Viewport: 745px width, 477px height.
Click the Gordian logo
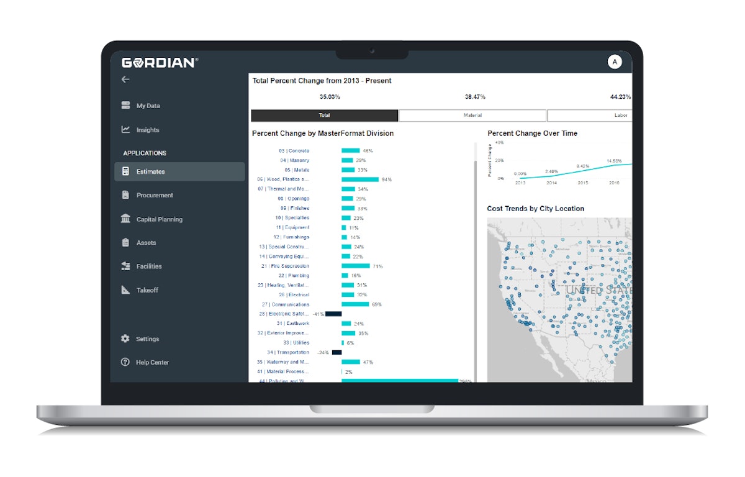coord(160,62)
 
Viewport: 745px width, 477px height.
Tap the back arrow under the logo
coord(125,79)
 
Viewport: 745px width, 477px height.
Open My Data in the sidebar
coord(148,106)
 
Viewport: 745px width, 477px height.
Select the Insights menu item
coord(148,130)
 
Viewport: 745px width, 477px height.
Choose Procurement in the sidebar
coord(155,195)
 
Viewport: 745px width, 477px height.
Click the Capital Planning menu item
coord(159,219)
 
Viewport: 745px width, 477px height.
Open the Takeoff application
coord(147,290)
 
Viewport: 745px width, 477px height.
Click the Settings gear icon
coord(125,339)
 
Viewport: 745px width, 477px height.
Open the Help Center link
coord(152,363)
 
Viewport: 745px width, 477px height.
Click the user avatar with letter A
coord(614,61)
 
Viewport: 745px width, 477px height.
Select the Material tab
coord(472,116)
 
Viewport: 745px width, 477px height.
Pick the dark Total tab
coord(324,116)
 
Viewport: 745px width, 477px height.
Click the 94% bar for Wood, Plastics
coord(360,179)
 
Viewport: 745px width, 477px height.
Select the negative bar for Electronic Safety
coord(333,314)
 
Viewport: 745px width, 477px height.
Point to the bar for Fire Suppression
coord(356,266)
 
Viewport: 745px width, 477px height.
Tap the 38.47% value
coord(475,97)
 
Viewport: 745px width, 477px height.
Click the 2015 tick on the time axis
coord(583,183)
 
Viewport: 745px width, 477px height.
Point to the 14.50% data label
coord(613,161)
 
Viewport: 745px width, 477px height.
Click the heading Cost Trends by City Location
coord(535,209)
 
